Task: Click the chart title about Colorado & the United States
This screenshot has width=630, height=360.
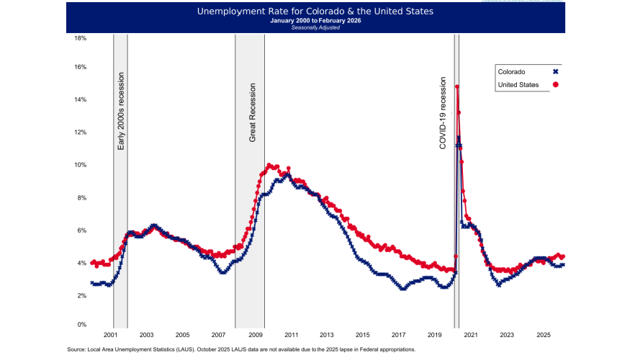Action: (315, 12)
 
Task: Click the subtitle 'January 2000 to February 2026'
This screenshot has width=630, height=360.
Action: (315, 21)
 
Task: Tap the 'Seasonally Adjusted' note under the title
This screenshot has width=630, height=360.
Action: (315, 28)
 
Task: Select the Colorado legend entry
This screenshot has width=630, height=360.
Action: (511, 71)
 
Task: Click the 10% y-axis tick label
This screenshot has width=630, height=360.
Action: (81, 165)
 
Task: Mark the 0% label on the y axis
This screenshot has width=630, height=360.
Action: (82, 325)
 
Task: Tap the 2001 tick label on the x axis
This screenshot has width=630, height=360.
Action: (110, 336)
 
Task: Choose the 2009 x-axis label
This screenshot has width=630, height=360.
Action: (255, 336)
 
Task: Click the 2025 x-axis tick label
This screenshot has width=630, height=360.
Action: (544, 336)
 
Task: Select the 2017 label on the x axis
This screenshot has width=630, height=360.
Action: (399, 336)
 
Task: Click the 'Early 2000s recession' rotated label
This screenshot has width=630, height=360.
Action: (121, 111)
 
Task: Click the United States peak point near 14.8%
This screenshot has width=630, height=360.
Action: (457, 87)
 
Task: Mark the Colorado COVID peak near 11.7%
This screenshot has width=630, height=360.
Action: (459, 138)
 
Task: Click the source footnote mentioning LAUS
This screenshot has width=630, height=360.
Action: (241, 349)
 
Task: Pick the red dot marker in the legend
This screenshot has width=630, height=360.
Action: (556, 85)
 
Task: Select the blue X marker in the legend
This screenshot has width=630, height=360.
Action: (556, 71)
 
